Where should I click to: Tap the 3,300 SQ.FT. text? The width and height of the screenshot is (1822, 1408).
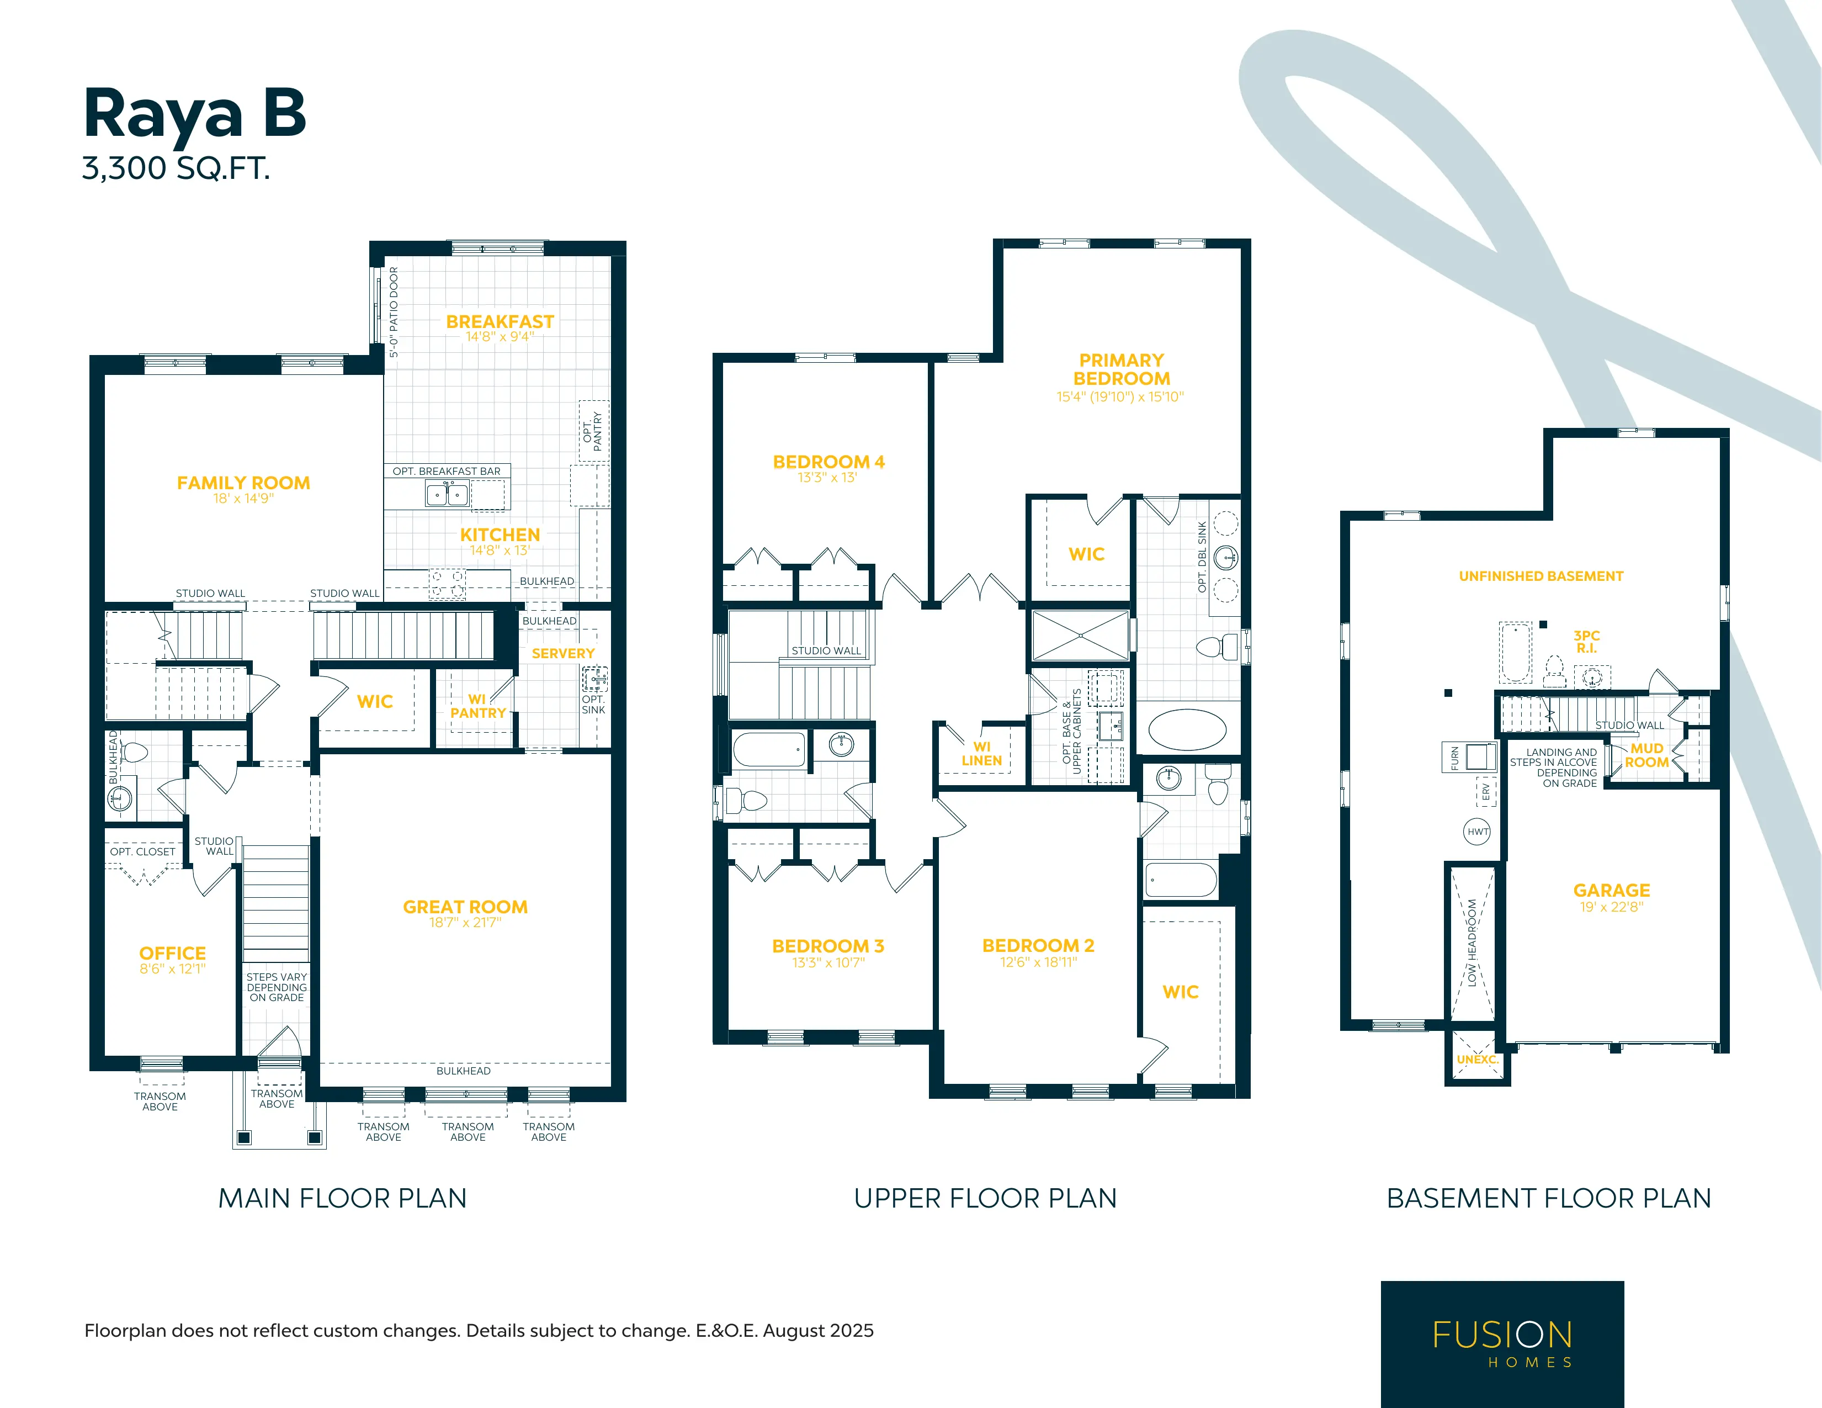click(x=176, y=168)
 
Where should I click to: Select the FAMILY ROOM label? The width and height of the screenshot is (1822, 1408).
click(x=243, y=483)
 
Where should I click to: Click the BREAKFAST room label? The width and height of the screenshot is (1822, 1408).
click(x=500, y=321)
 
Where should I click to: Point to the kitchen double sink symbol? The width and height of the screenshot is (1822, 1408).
click(x=447, y=494)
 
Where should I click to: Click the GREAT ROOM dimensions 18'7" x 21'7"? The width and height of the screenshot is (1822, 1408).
click(x=465, y=922)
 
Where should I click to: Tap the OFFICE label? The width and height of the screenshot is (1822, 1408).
click(x=173, y=953)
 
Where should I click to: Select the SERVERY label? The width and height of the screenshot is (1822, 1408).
click(x=563, y=654)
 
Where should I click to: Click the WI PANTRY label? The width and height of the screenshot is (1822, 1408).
click(x=478, y=706)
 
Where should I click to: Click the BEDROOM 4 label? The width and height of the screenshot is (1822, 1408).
click(x=828, y=462)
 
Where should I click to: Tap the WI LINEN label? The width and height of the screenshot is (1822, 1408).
click(x=982, y=754)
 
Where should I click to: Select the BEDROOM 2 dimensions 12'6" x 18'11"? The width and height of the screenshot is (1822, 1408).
click(x=1039, y=962)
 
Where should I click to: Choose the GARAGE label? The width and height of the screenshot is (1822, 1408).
click(x=1612, y=891)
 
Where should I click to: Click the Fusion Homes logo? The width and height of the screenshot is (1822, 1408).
click(x=1502, y=1344)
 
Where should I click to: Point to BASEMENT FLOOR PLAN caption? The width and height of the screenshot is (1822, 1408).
click(x=1548, y=1199)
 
